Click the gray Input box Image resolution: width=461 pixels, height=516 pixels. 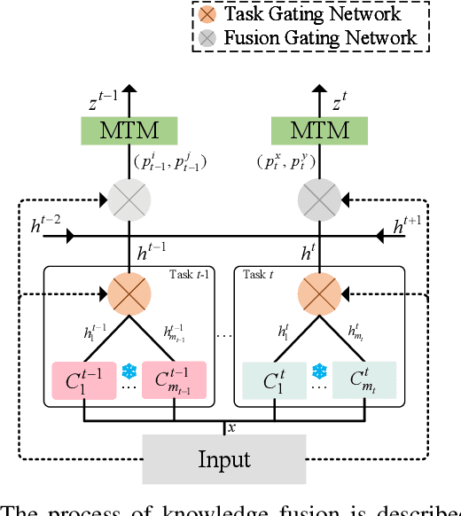coord(223,459)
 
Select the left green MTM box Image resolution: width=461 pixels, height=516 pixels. coord(131,131)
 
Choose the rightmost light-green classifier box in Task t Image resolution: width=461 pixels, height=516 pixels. coord(364,380)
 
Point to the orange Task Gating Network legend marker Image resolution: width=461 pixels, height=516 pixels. coord(207,14)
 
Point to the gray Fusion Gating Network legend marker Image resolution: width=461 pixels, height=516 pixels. coord(207,38)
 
